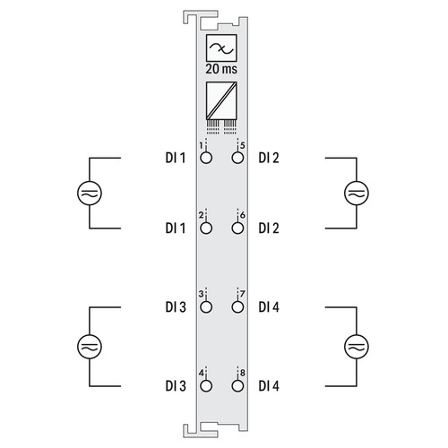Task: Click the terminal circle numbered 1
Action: point(206,158)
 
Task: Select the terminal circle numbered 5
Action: point(237,158)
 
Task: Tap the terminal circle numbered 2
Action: point(206,228)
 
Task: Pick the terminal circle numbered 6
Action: point(237,228)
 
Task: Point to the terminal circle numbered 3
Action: point(206,307)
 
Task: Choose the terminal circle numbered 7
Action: point(237,307)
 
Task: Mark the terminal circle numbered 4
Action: point(206,386)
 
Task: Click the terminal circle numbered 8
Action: point(237,386)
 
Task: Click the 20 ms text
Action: point(221,69)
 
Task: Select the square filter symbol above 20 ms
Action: point(221,47)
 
